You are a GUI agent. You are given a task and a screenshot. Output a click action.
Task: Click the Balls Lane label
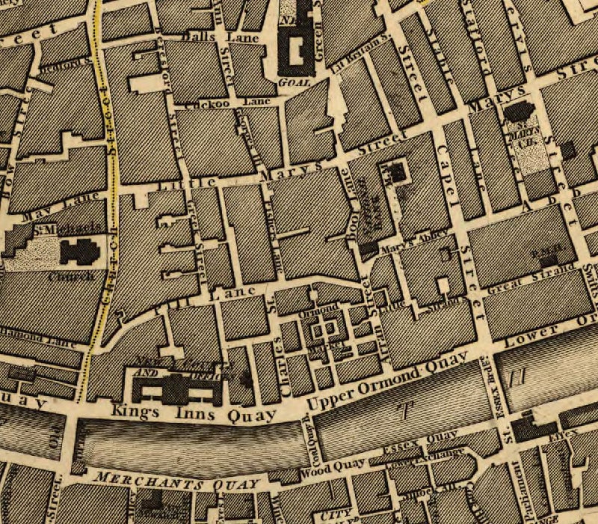click(x=200, y=34)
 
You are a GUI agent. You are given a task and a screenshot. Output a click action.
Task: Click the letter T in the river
click(x=406, y=409)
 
